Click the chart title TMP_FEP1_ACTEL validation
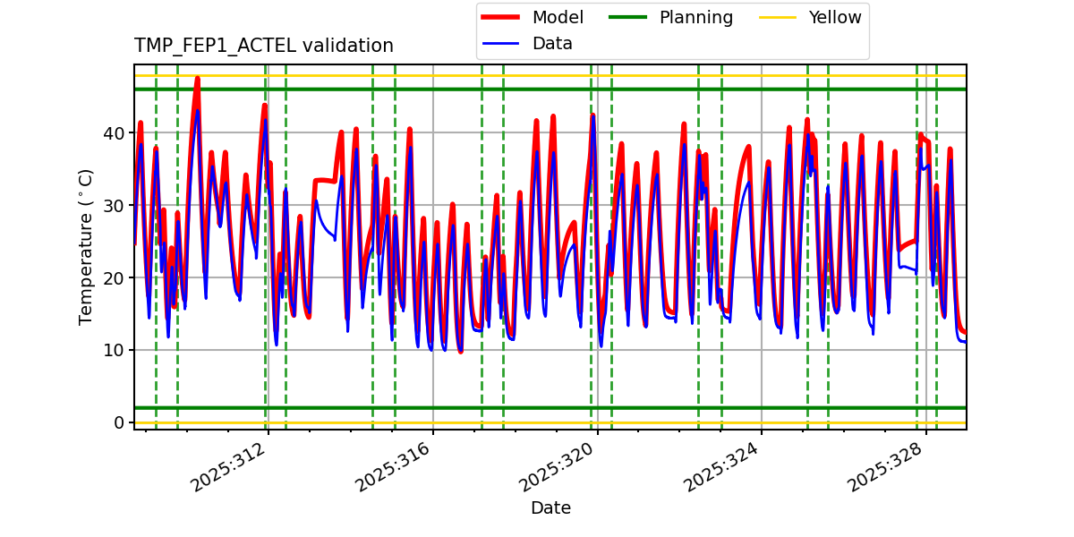coord(263,46)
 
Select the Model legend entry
coord(558,18)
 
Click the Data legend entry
coord(552,44)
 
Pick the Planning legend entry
coord(695,18)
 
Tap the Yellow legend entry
coord(834,18)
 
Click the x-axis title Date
coord(550,508)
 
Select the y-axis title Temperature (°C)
coord(86,246)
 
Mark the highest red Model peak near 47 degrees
coord(197,78)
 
